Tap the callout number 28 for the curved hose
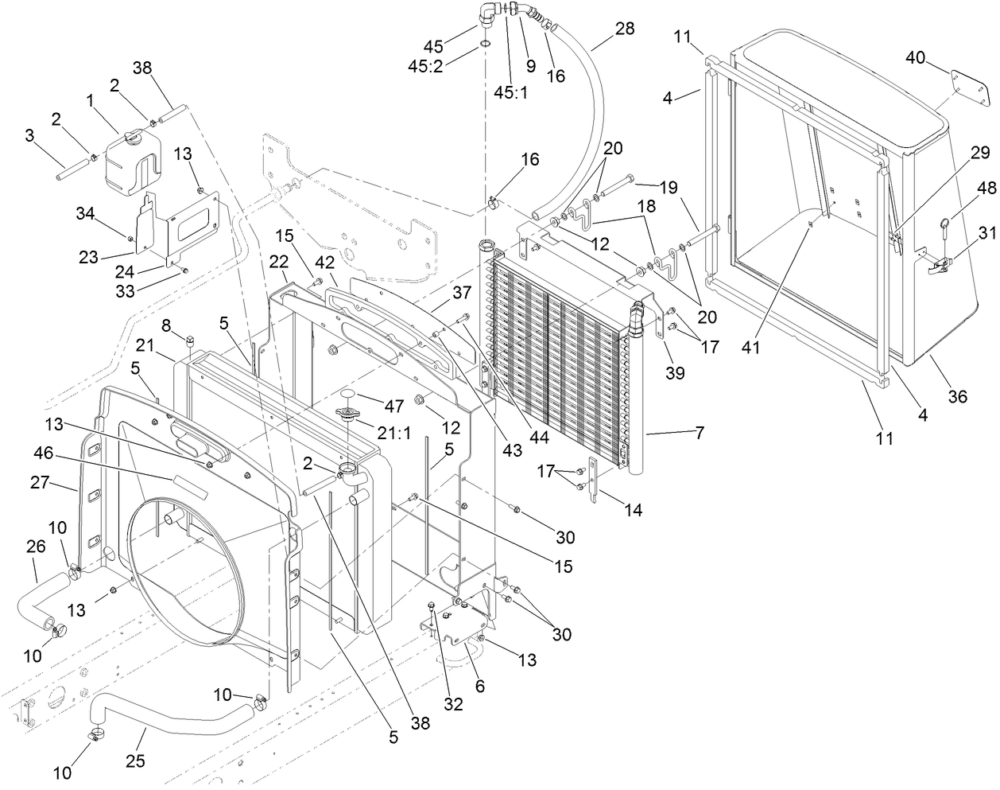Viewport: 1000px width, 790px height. pos(625,29)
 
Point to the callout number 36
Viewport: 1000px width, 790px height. pos(958,396)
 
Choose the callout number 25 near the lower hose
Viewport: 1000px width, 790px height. pos(135,760)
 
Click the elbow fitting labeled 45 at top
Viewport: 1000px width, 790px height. pos(491,14)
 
